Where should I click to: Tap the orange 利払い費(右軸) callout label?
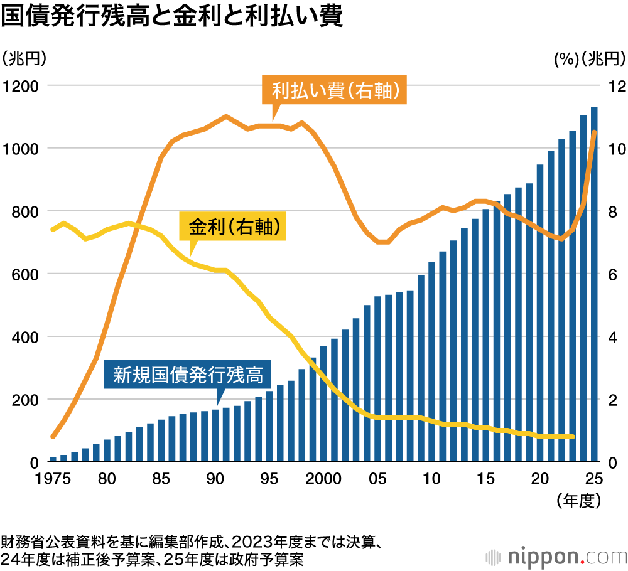(335, 92)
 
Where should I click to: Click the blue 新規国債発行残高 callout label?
(188, 375)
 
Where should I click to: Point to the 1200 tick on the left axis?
(20, 86)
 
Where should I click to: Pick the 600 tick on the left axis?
(24, 274)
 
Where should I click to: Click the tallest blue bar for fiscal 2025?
(594, 282)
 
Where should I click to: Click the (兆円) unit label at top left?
(24, 60)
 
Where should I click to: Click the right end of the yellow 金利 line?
(572, 437)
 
